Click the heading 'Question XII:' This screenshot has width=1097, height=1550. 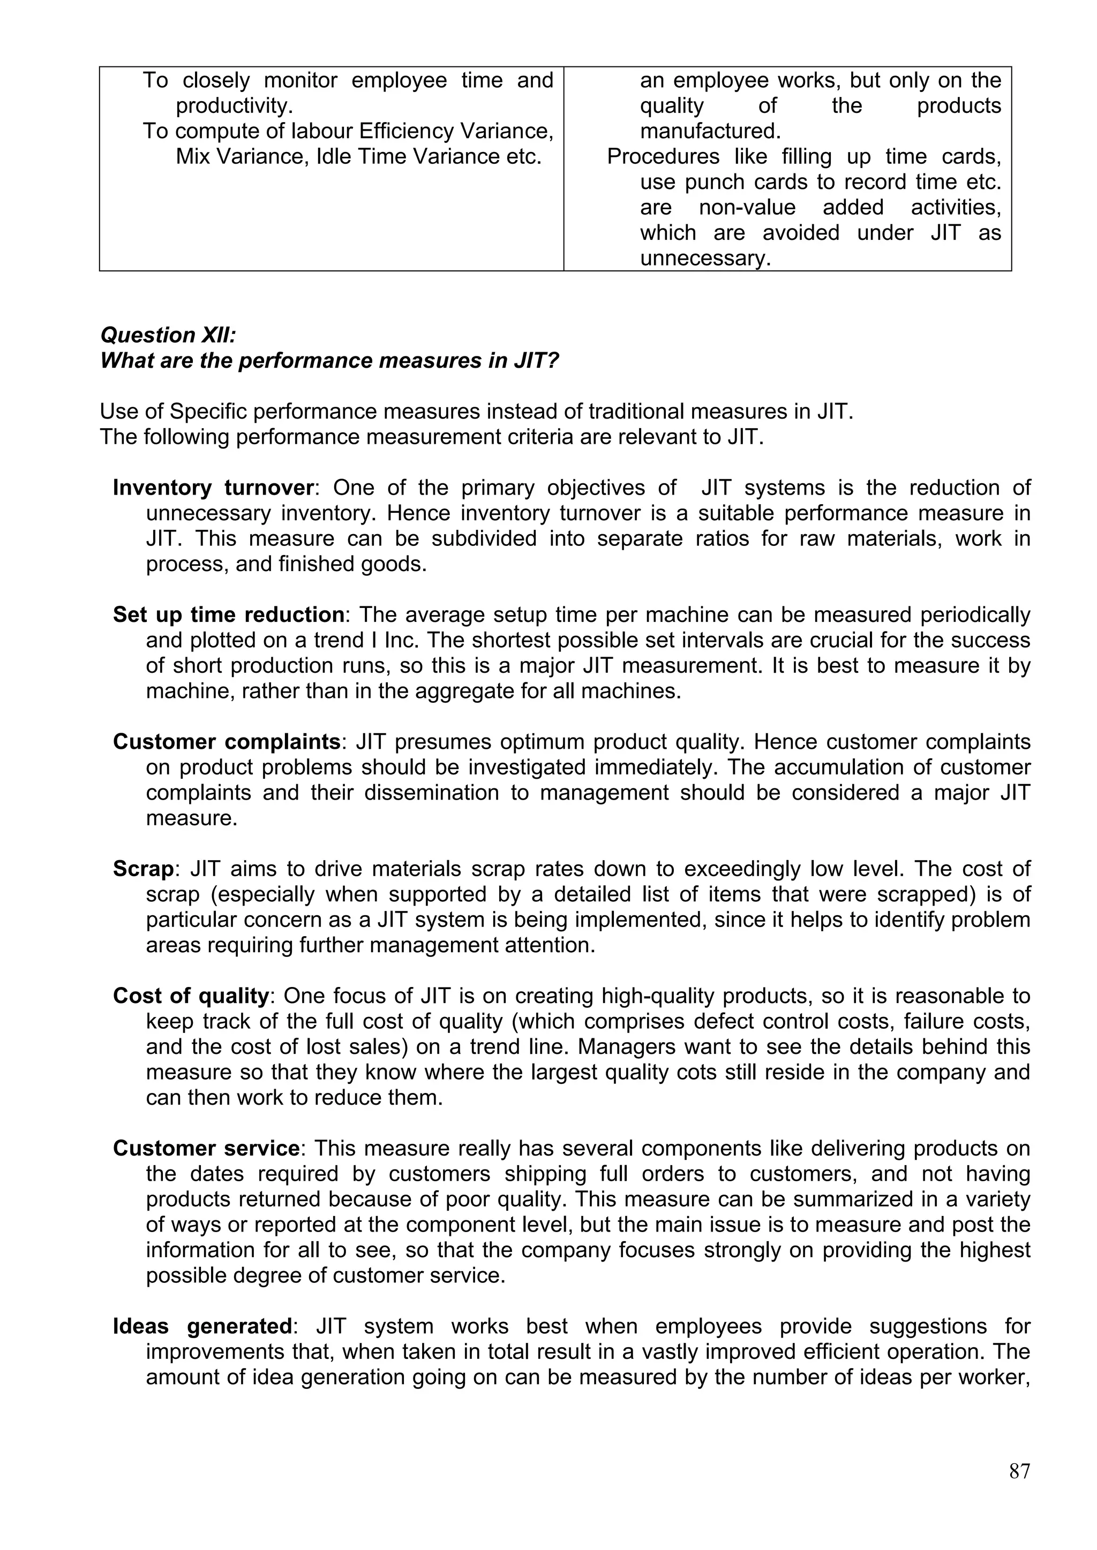pos(168,335)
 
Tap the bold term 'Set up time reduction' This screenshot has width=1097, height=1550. pos(228,614)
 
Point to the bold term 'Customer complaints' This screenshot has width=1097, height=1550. pos(226,741)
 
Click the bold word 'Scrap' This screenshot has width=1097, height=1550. pos(143,868)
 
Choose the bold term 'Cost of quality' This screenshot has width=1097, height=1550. pos(191,996)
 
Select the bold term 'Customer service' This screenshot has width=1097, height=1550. pos(206,1149)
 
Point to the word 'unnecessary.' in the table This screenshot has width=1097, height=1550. pos(705,259)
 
